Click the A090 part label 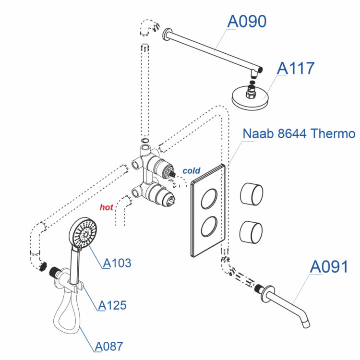tap(246, 22)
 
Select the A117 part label tap(295, 68)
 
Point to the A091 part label tap(329, 266)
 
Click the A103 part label tap(118, 263)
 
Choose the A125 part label tap(112, 305)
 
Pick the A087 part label tap(109, 346)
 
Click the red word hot tap(106, 207)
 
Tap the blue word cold tap(192, 170)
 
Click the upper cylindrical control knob tap(252, 194)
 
